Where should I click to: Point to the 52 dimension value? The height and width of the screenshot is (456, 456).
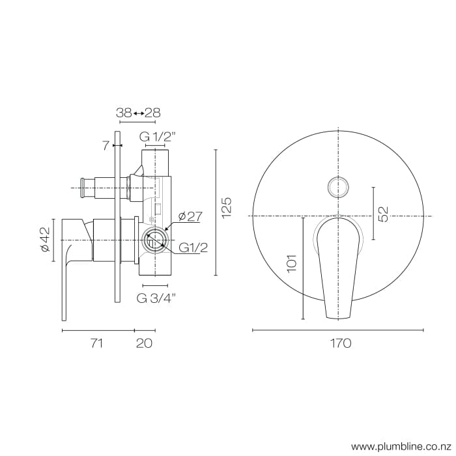point(384,213)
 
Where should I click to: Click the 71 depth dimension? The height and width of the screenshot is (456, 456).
point(96,343)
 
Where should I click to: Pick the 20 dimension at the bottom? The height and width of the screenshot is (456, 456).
point(145,343)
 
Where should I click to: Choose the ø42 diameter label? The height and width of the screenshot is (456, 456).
point(44,240)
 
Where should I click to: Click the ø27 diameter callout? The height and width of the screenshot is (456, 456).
point(189,216)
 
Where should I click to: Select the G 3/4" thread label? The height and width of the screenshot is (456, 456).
point(157,298)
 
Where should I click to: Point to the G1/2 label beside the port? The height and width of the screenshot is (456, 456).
point(193,248)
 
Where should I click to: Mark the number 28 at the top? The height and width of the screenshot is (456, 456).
point(152,113)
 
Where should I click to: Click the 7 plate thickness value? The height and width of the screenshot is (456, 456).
point(106,145)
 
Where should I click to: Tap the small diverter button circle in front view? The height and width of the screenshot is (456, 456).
point(339,186)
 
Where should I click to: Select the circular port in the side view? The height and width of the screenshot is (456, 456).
point(154,240)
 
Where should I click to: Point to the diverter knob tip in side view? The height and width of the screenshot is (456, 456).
point(83,188)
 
